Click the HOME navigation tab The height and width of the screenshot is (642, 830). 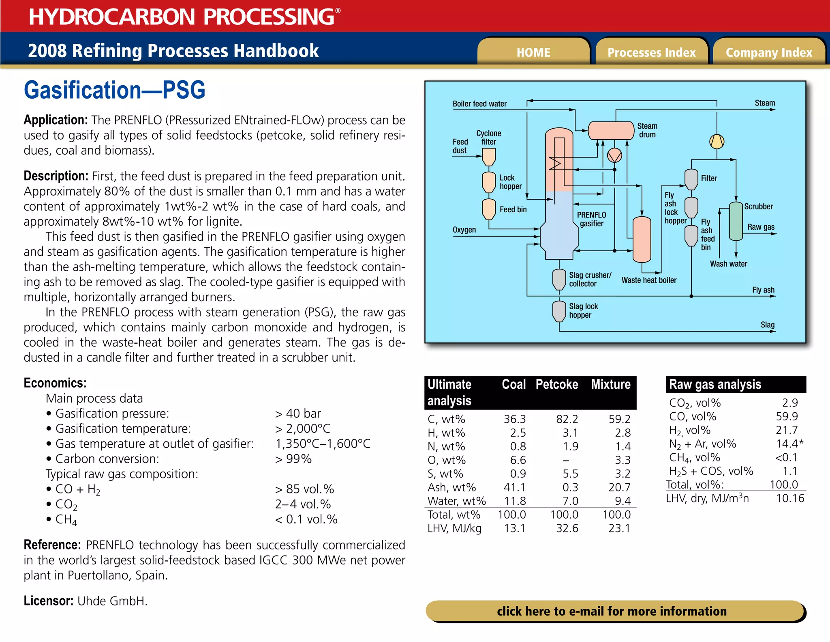tap(533, 52)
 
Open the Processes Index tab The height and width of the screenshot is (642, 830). tap(651, 52)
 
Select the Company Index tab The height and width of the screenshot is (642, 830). tap(769, 52)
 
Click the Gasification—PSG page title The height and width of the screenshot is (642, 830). tap(115, 90)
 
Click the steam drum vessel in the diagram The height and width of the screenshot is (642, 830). tap(611, 131)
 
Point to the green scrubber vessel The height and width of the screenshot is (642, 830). tap(736, 221)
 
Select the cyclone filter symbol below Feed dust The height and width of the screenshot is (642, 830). tap(489, 157)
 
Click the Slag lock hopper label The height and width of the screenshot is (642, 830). tap(583, 310)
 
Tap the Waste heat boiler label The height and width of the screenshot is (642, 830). tap(649, 280)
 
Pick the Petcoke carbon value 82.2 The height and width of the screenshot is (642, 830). tap(567, 419)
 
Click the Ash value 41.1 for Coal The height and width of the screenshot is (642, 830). tap(514, 487)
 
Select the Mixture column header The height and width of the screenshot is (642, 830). tap(611, 384)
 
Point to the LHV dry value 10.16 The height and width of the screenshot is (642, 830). tap(789, 498)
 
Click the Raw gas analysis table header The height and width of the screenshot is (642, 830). tap(715, 384)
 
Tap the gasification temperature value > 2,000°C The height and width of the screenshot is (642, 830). tap(302, 429)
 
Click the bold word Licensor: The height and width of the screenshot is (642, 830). tap(48, 601)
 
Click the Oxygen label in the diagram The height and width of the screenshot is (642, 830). tap(464, 230)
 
